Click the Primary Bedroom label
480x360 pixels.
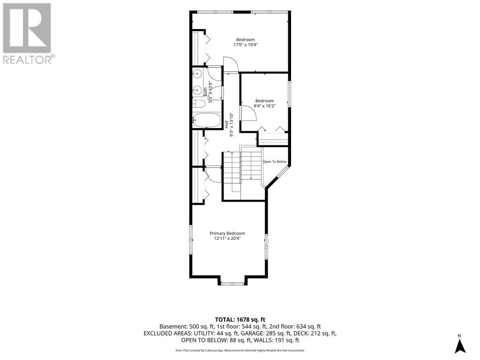point(227,233)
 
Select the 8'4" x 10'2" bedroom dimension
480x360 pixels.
point(264,106)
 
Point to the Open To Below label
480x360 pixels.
point(275,162)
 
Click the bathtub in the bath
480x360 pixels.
point(207,120)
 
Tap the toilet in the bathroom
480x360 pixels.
point(198,104)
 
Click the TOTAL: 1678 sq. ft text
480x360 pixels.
point(240,320)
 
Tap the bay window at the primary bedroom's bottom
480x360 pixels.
point(233,284)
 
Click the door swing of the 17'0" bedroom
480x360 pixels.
point(230,64)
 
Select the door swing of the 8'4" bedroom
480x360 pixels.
point(248,114)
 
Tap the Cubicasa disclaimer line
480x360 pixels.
point(240,350)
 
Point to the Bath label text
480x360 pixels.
point(205,92)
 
